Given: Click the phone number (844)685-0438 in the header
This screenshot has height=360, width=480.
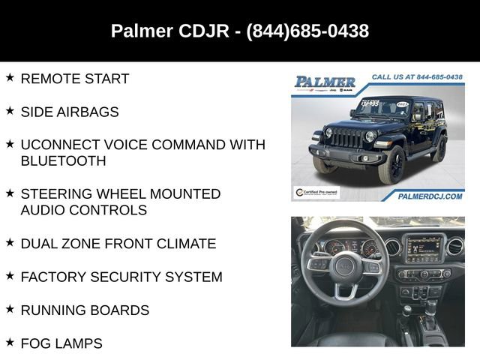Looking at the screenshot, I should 307,31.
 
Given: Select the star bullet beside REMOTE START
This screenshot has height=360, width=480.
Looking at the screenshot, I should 10,77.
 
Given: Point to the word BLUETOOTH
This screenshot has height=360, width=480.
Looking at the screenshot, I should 63,160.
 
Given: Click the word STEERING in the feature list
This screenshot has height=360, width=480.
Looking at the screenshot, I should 58,193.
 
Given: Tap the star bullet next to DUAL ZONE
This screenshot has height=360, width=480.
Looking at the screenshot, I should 10,242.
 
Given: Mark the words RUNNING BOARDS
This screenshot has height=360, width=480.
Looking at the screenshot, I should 85,310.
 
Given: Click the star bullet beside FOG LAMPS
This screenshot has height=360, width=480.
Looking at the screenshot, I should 10,341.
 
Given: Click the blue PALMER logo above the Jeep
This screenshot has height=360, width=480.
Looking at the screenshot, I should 325,82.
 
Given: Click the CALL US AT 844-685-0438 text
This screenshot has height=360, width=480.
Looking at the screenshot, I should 417,76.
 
